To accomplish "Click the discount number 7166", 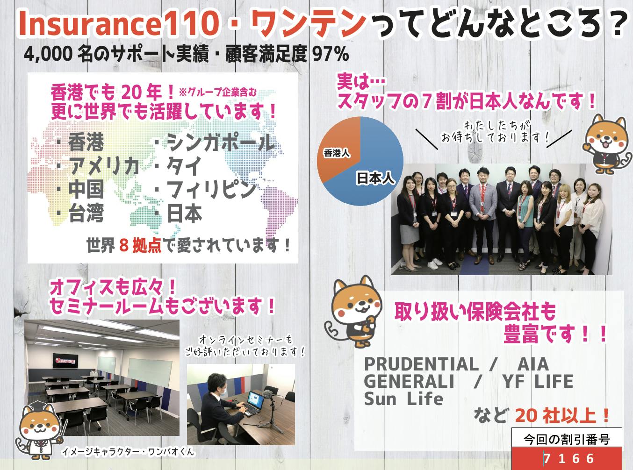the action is [x=569, y=459].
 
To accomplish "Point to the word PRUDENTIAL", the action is [x=421, y=364].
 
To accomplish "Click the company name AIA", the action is [x=533, y=364].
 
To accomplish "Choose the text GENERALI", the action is [x=409, y=381].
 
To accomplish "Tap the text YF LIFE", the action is [x=538, y=381].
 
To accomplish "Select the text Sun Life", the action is [x=403, y=399].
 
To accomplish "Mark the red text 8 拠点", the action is [x=140, y=245].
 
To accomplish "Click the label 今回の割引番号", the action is [x=567, y=440].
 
